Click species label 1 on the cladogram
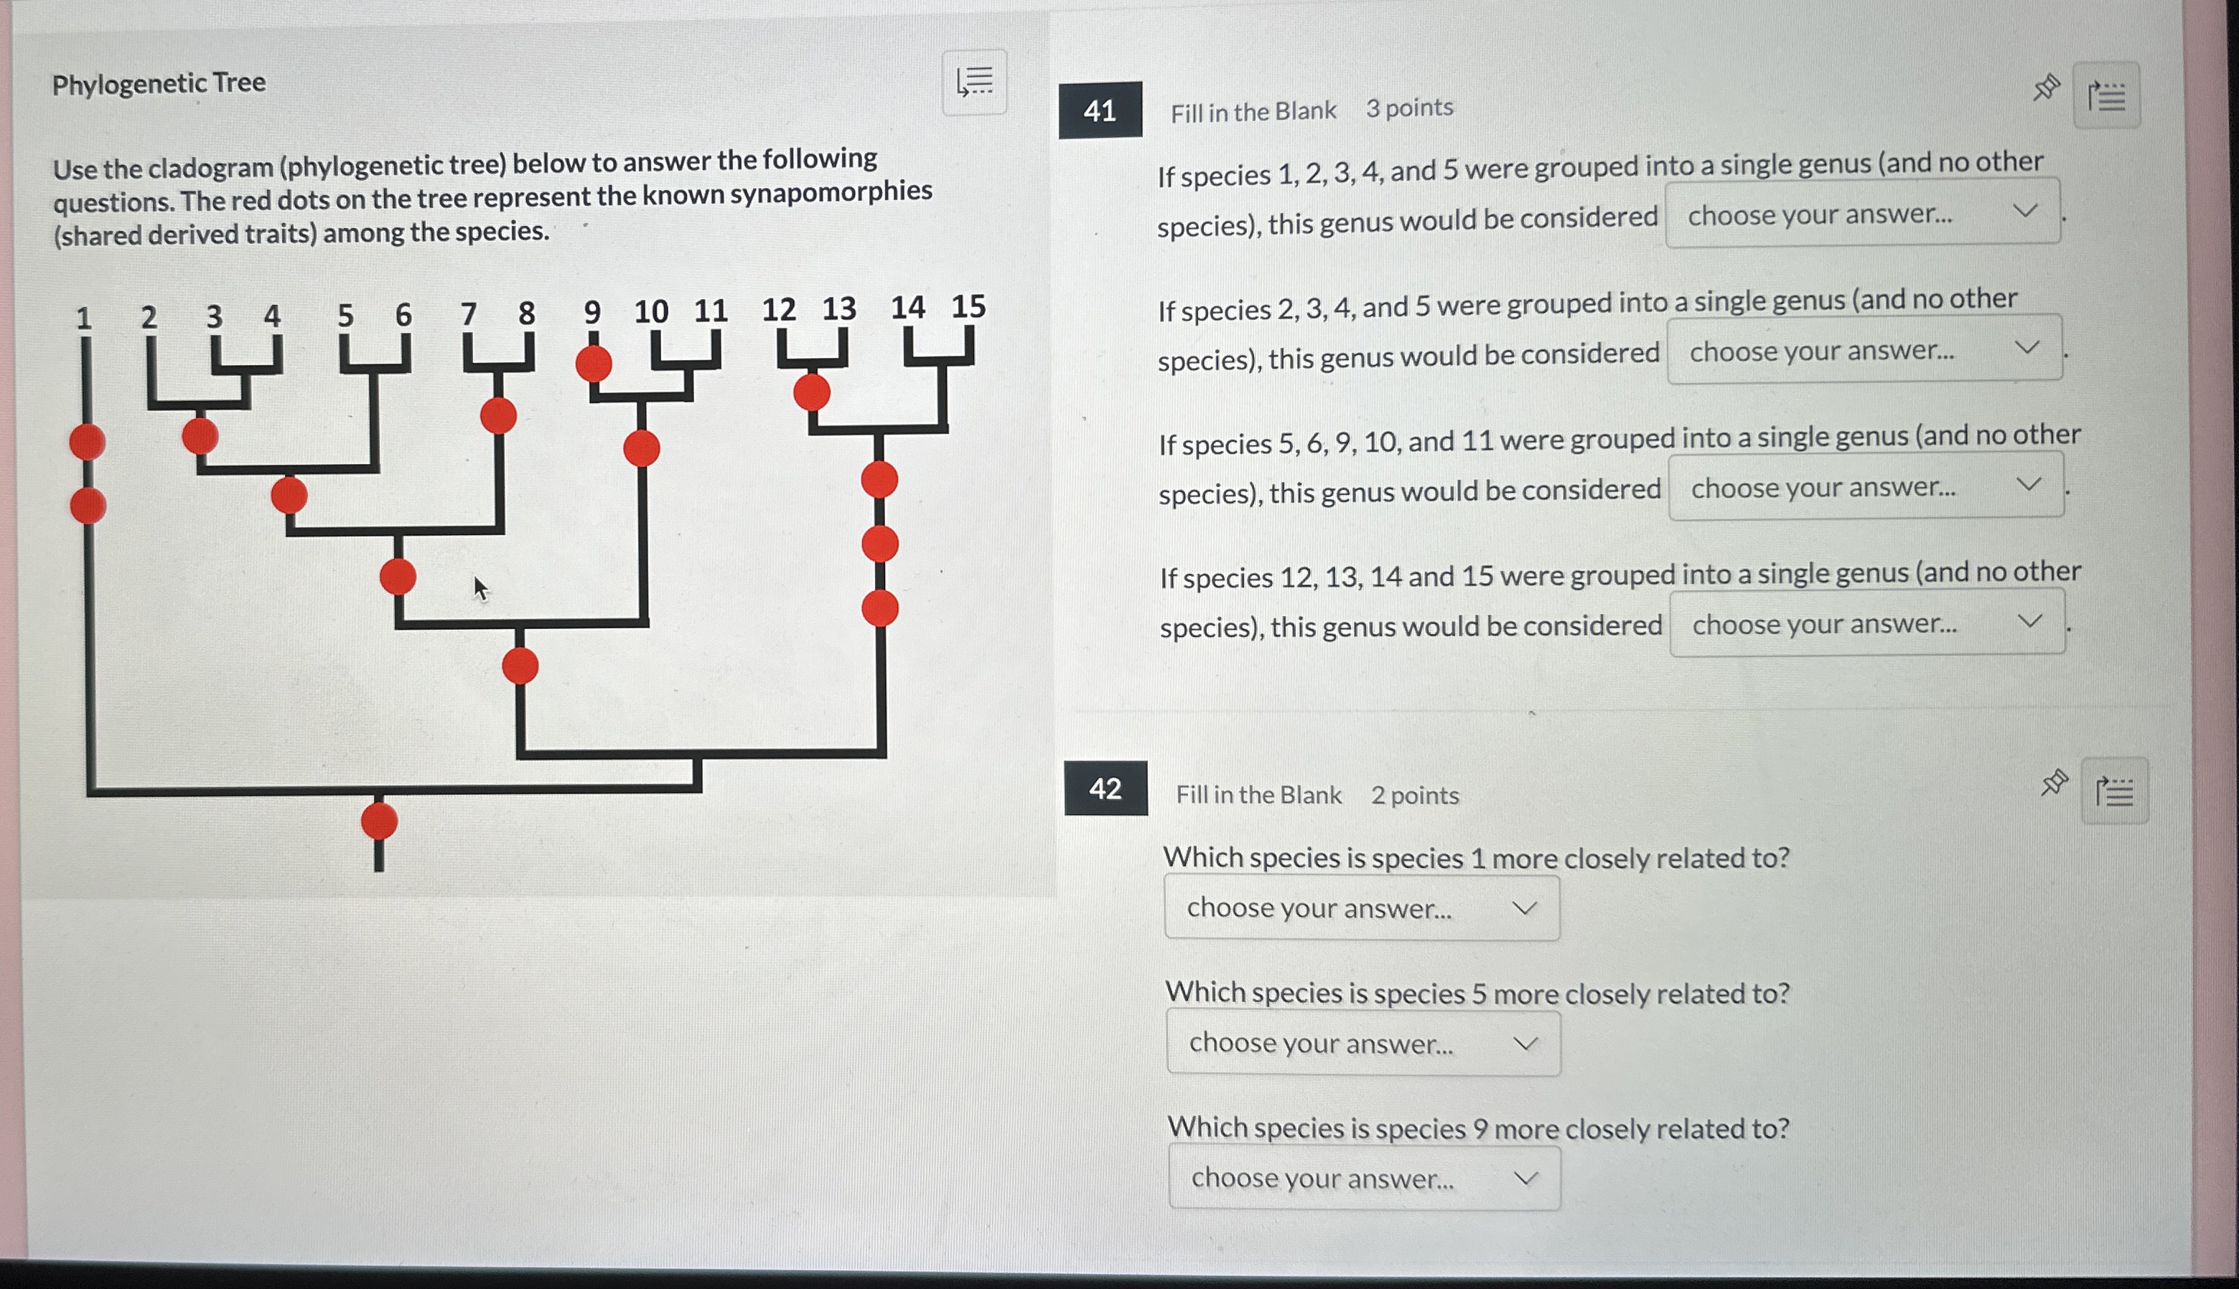[x=83, y=318]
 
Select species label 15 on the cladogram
[x=968, y=306]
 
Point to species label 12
[x=778, y=309]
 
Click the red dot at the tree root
[x=379, y=821]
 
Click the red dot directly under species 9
[x=594, y=364]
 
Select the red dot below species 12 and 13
[x=811, y=392]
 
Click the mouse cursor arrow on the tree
[x=480, y=589]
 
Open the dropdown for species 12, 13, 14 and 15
[x=1867, y=623]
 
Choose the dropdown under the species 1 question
[x=1361, y=907]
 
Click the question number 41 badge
[x=1100, y=110]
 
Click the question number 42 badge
[x=1106, y=788]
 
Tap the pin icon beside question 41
[x=2046, y=88]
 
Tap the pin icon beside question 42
[x=2054, y=783]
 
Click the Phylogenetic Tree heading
[x=159, y=83]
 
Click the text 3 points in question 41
[x=1408, y=108]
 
